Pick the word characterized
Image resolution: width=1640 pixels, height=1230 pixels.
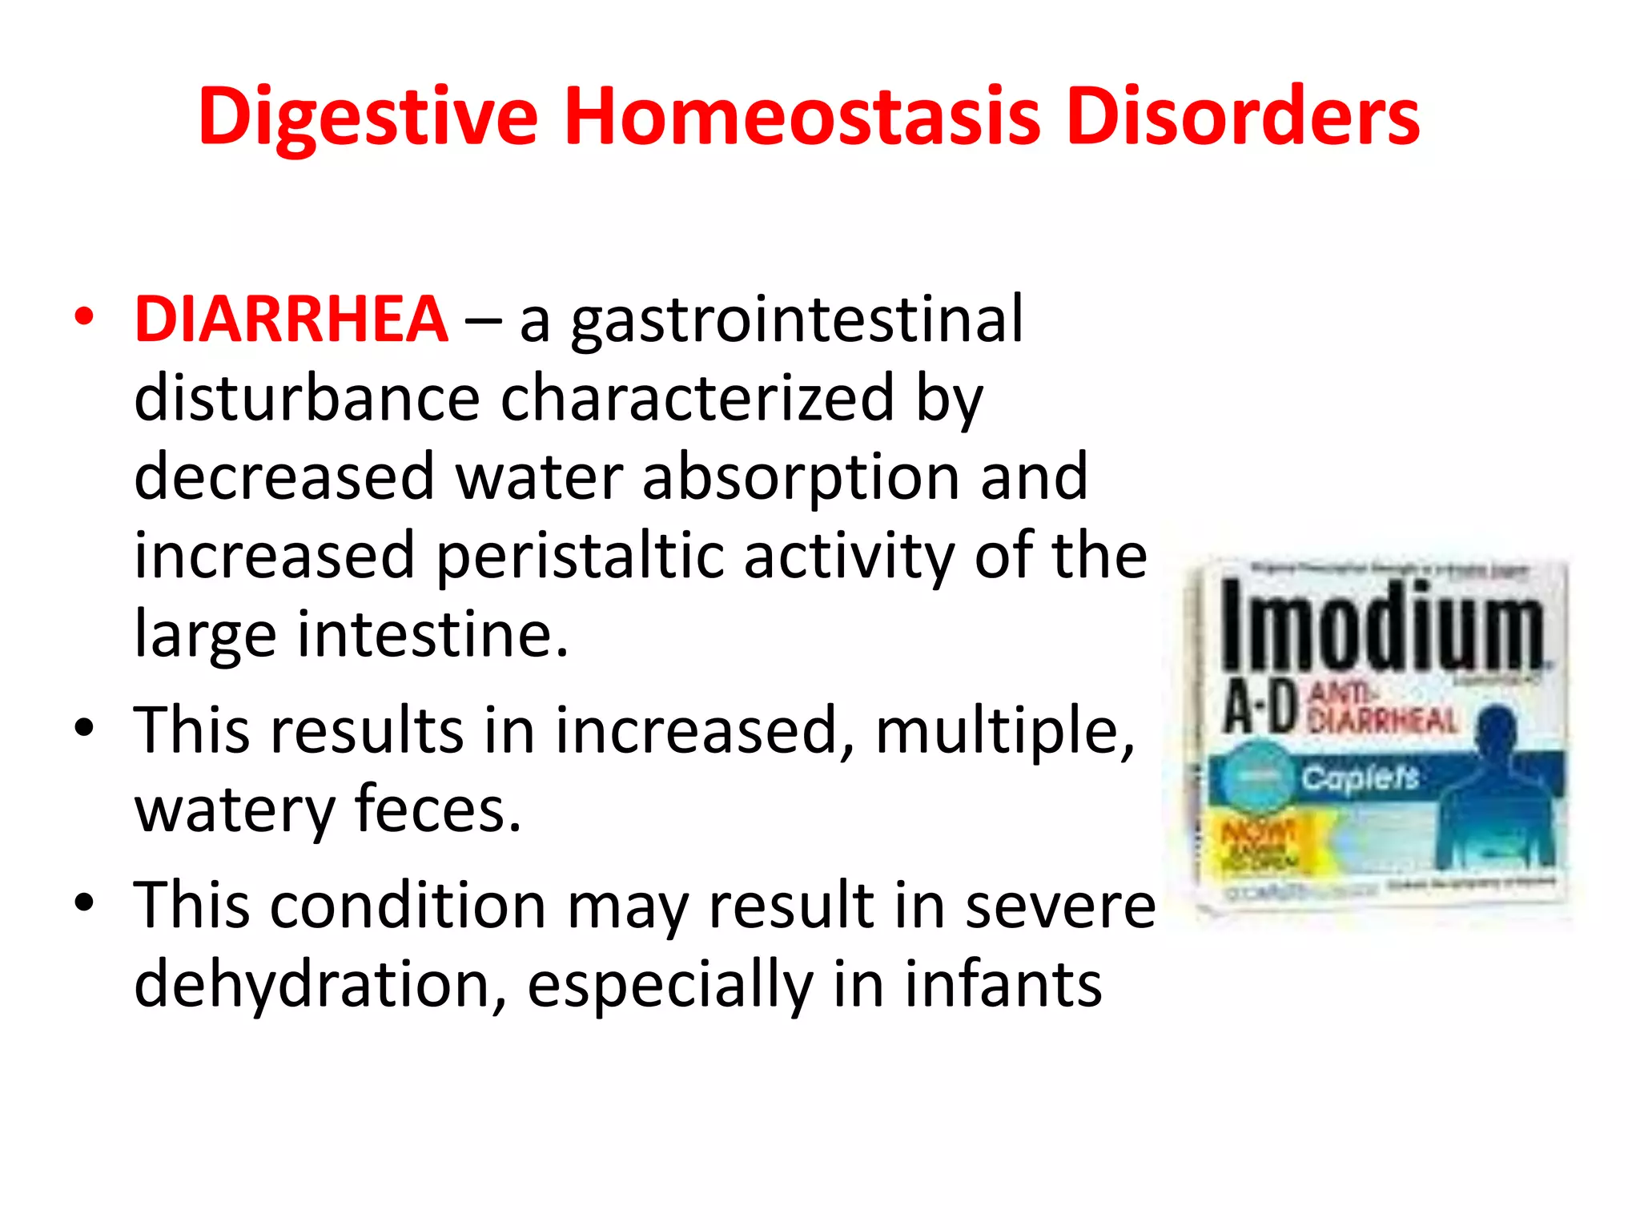[697, 398]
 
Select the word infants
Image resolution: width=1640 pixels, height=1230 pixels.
[1003, 984]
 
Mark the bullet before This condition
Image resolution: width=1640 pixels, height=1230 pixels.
[84, 903]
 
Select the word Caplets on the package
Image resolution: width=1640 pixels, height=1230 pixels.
[1359, 777]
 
